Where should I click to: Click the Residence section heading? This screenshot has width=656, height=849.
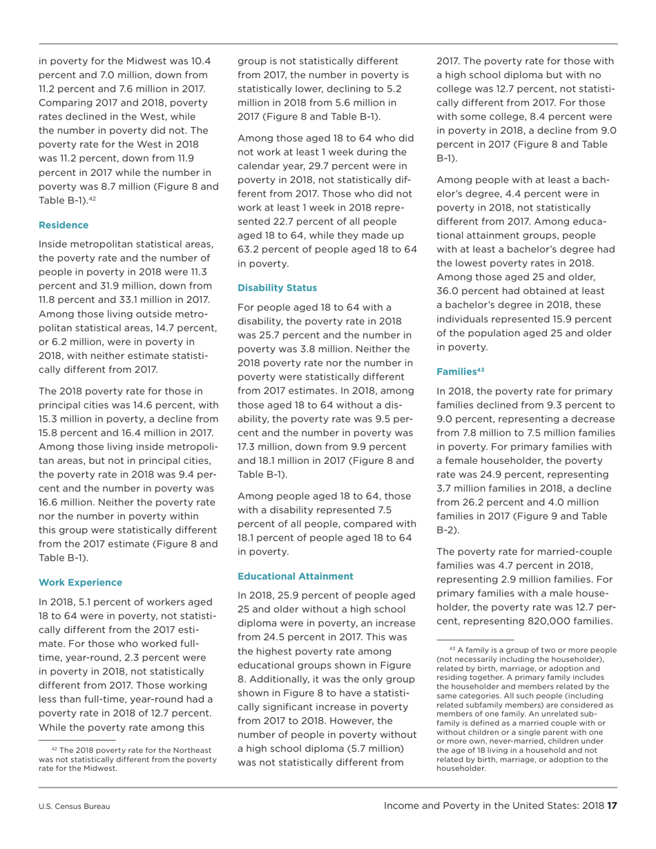64,225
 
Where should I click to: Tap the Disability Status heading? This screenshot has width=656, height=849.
277,287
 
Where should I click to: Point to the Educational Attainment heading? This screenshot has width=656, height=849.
295,576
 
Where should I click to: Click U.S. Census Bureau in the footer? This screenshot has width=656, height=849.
75,806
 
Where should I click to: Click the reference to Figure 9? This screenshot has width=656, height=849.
522,516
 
